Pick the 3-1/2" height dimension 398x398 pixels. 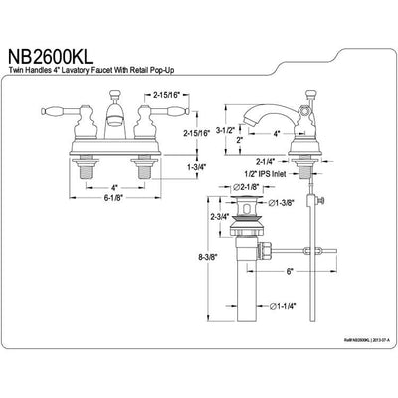point(228,127)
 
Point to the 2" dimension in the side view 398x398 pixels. point(241,140)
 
